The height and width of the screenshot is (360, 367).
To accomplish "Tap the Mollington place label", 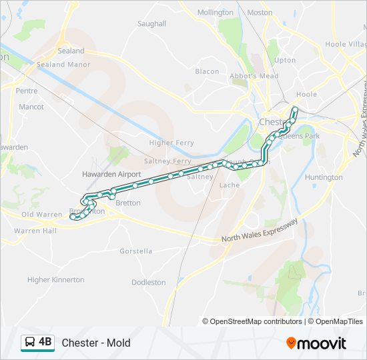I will [215, 13].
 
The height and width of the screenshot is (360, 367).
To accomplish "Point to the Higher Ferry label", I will [171, 143].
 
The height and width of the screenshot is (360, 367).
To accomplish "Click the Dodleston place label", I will [148, 282].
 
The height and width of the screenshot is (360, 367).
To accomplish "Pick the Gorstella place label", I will [135, 251].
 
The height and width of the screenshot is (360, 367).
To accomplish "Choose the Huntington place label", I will [324, 177].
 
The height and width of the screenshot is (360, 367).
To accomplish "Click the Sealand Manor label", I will [63, 65].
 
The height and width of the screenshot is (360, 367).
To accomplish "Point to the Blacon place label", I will [207, 71].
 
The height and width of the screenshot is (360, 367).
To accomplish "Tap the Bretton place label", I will [128, 203].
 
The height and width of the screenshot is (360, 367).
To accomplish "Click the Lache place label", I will [229, 185].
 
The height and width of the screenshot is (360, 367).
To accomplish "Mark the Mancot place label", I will [31, 107].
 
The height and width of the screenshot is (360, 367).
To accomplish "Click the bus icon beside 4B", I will [31, 343].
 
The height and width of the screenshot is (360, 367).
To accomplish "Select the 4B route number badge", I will [45, 342].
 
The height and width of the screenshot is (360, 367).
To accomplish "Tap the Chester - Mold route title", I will [96, 343].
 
